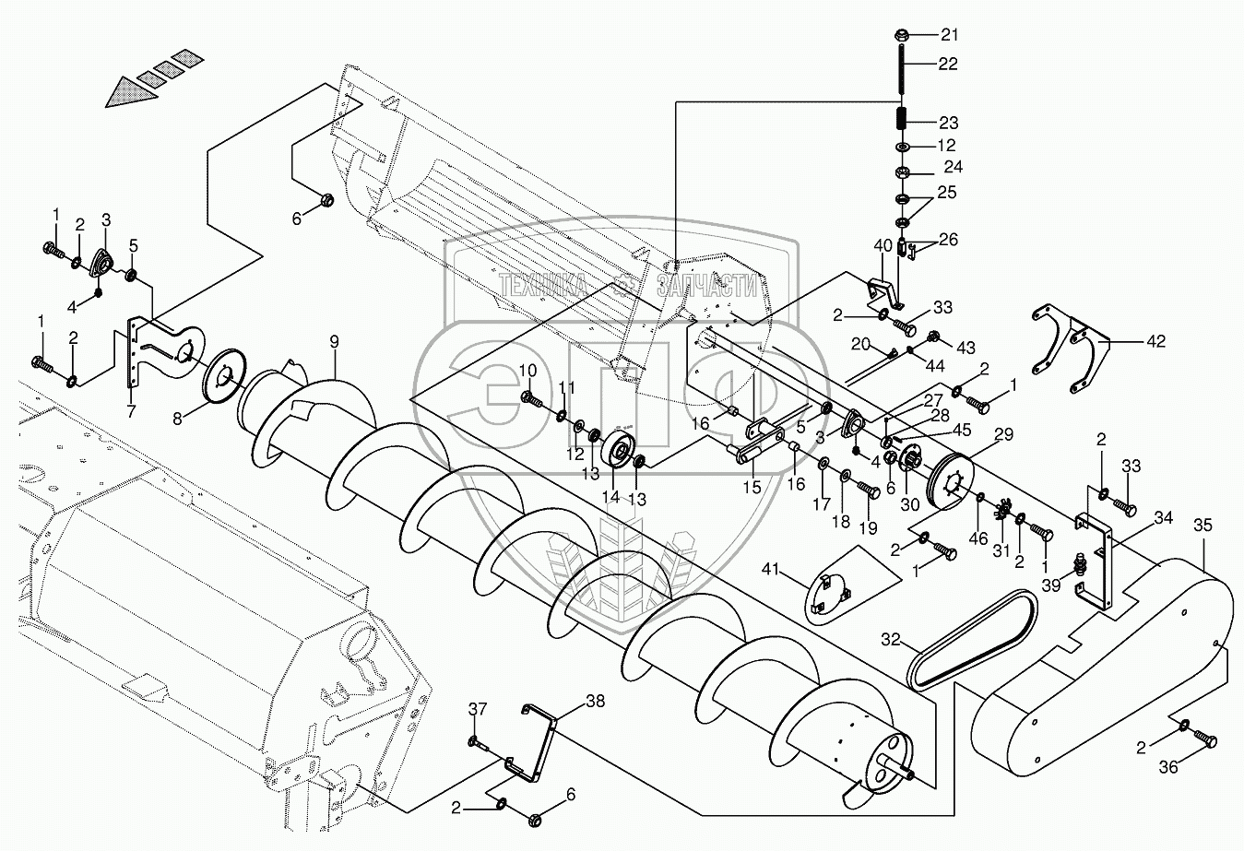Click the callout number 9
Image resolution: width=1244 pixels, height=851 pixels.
[335, 341]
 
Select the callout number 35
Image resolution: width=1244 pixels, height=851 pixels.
[1203, 526]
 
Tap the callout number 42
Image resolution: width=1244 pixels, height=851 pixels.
[1156, 341]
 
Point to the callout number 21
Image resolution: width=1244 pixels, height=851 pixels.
[949, 35]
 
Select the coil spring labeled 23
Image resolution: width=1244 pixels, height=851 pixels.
[903, 120]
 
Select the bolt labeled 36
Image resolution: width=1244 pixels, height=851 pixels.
[1205, 739]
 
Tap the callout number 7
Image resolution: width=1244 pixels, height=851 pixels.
[131, 412]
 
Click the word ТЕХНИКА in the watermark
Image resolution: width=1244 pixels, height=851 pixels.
[545, 285]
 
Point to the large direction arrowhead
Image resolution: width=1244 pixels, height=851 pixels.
[129, 91]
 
